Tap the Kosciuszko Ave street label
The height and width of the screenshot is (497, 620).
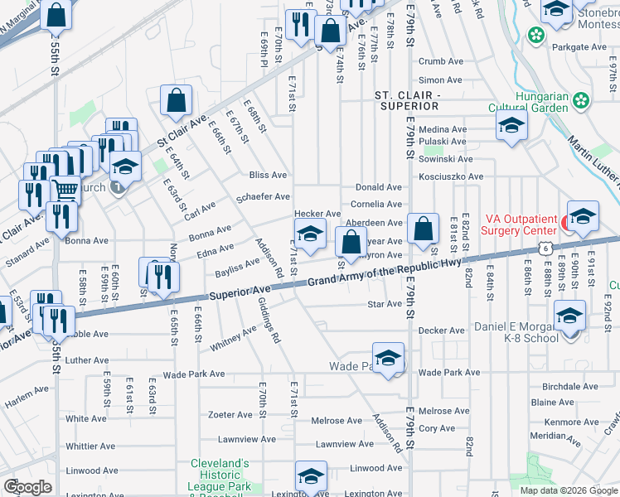pyautogui.click(x=451, y=177)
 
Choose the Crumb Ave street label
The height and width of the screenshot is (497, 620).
pyautogui.click(x=440, y=61)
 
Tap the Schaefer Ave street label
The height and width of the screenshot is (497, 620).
pyautogui.click(x=263, y=197)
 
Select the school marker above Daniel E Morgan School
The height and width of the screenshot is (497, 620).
pyautogui.click(x=569, y=316)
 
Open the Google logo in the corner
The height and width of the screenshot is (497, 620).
pyautogui.click(x=28, y=487)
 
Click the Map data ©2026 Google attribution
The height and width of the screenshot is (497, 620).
pyautogui.click(x=568, y=490)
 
